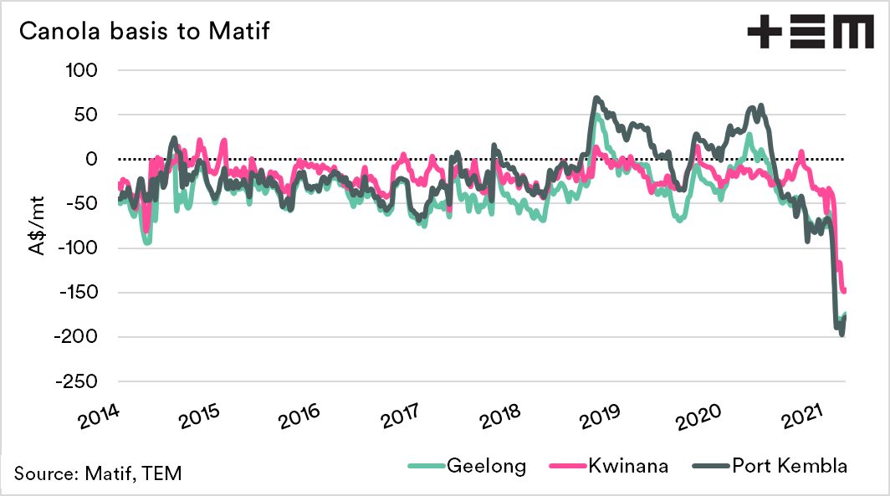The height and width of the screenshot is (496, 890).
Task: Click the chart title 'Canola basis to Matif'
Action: point(143,31)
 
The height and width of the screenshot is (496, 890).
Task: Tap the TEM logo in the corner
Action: point(809,33)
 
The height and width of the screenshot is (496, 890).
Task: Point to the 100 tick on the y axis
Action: point(82,70)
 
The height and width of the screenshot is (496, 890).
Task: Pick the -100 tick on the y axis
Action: point(79,248)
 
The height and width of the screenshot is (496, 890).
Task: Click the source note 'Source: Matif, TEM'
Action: point(97,473)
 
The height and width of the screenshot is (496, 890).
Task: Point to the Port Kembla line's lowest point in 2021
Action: point(841,335)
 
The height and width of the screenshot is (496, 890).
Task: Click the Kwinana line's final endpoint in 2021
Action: point(845,290)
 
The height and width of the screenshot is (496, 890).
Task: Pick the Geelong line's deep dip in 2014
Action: point(147,243)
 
